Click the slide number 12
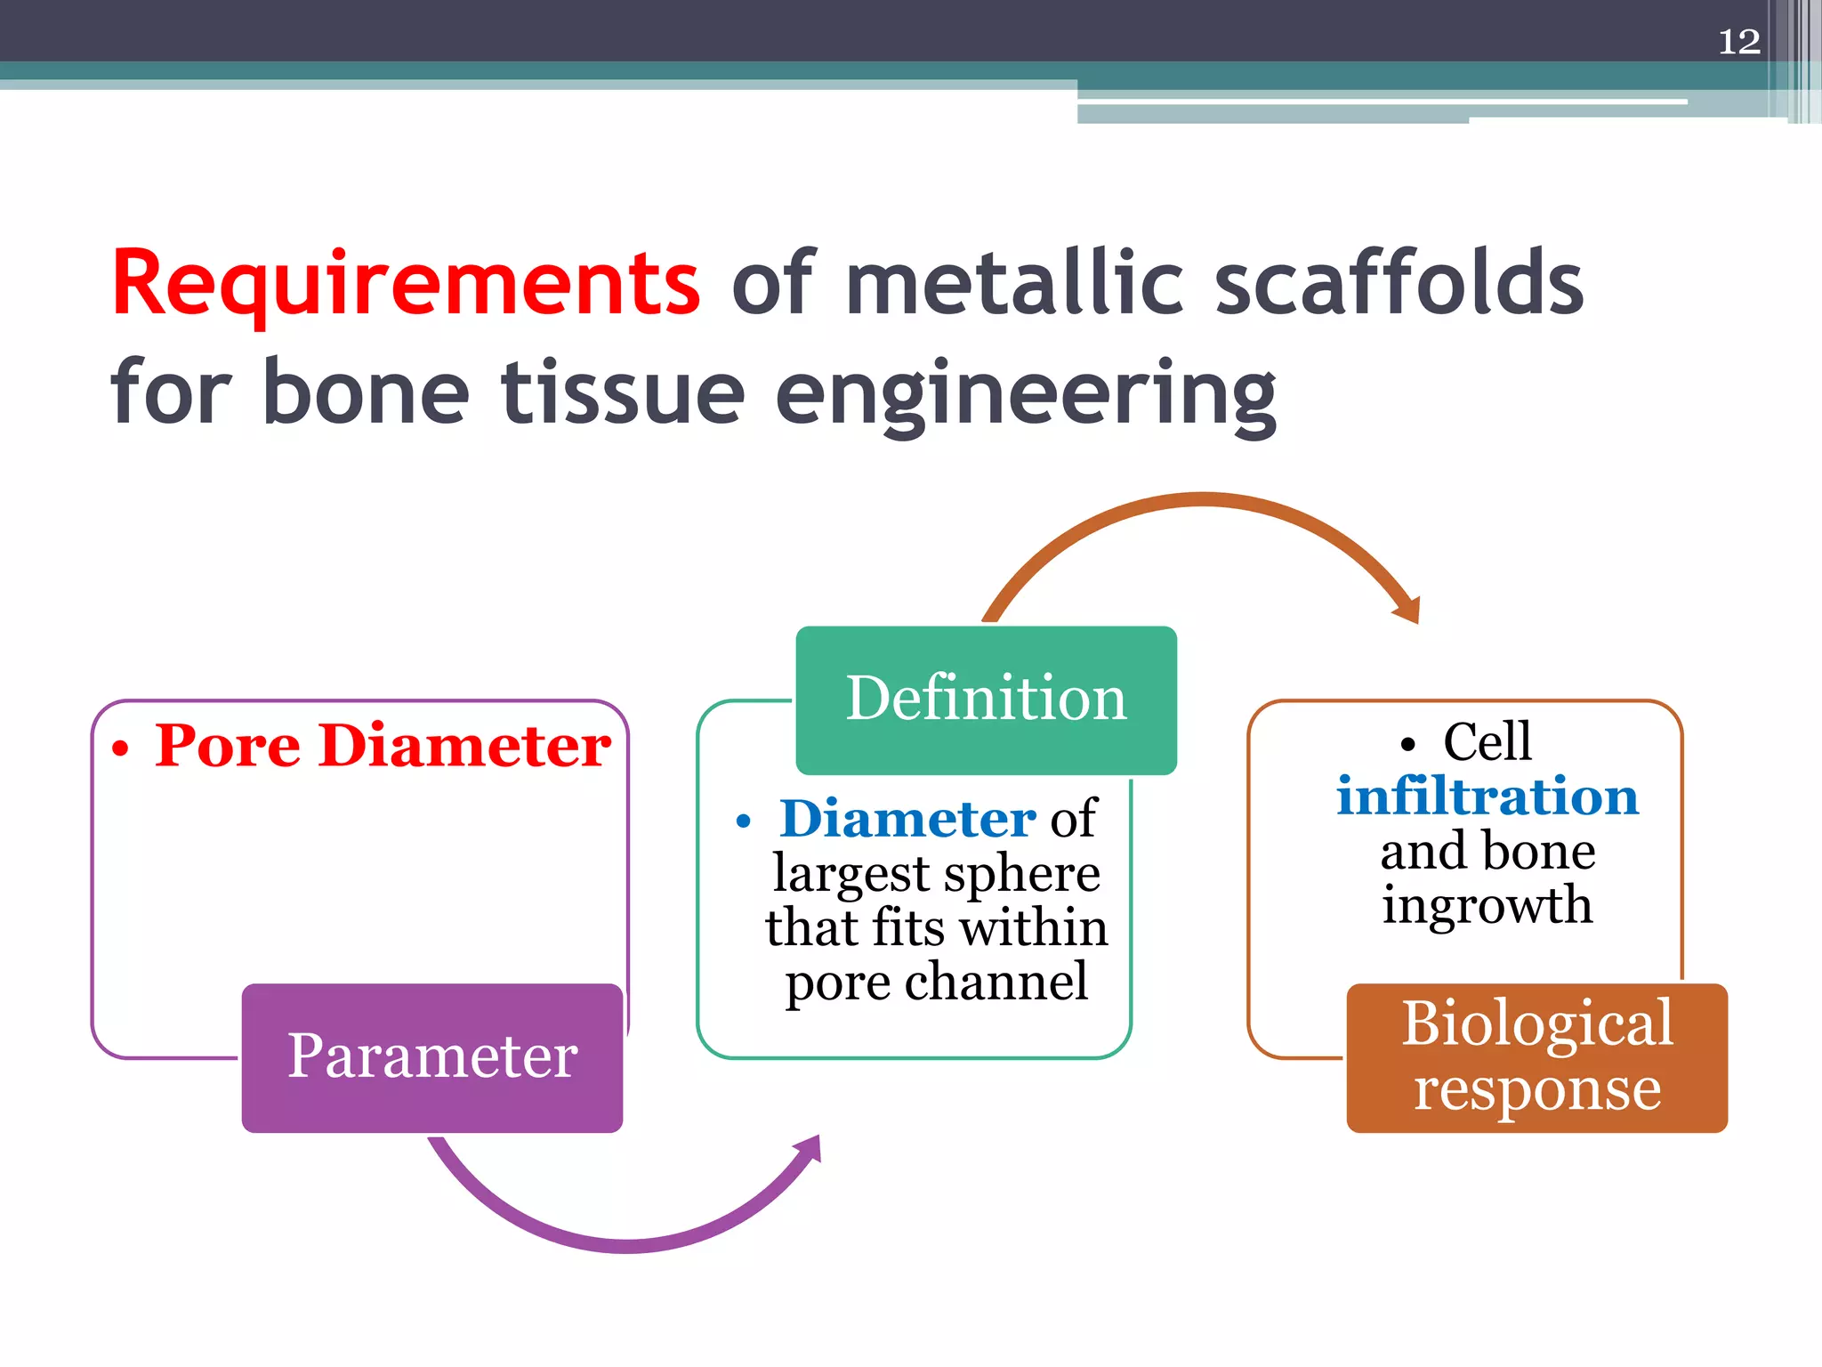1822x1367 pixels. click(1738, 42)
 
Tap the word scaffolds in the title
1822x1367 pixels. click(1399, 283)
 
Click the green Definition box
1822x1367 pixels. click(986, 700)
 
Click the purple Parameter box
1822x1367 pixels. click(432, 1057)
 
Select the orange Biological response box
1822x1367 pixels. click(1536, 1057)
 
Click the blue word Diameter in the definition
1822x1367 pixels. click(907, 819)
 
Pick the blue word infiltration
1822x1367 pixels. click(1487, 796)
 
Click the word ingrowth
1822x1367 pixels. click(1487, 905)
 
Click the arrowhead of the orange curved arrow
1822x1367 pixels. click(1407, 610)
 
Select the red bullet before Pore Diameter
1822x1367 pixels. click(120, 749)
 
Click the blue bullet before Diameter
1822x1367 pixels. click(744, 822)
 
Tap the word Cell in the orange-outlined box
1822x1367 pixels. click(1487, 741)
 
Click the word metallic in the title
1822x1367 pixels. click(1014, 283)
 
